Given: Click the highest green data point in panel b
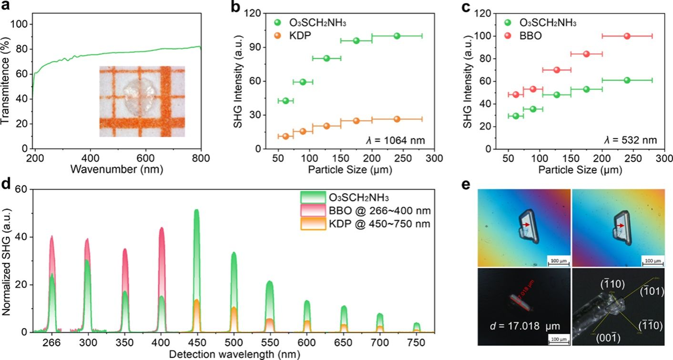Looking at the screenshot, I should pos(397,36).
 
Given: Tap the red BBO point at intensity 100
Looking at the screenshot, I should pos(627,36).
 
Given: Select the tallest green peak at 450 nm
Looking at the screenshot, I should pos(196,212).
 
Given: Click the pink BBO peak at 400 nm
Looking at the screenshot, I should pos(161,230).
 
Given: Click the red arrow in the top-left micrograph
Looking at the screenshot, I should pos(525,225).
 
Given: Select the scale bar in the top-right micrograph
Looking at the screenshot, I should pos(652,262).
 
